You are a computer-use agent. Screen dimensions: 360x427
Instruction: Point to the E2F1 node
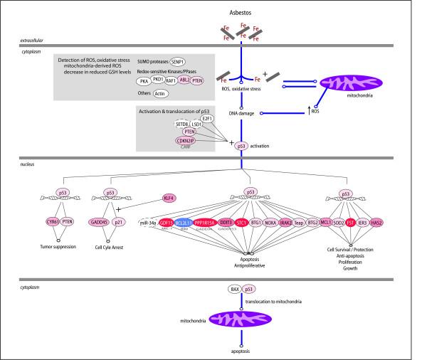point(208,120)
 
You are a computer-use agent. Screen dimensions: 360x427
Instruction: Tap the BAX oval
point(233,290)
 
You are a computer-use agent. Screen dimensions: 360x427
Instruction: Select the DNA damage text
point(241,113)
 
